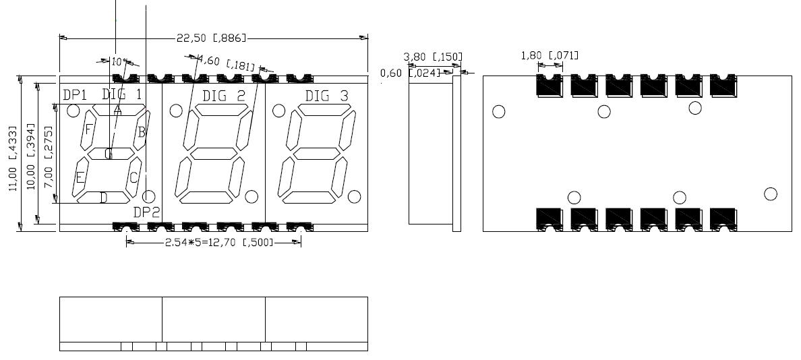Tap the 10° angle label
119,61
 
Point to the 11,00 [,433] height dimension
13,154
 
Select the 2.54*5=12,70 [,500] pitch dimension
218,242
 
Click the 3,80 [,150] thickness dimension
433,56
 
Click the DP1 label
75,95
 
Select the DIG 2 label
224,95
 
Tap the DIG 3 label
326,96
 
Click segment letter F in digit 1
88,129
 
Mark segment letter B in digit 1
142,132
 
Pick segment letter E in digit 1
80,178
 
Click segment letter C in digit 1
133,177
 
